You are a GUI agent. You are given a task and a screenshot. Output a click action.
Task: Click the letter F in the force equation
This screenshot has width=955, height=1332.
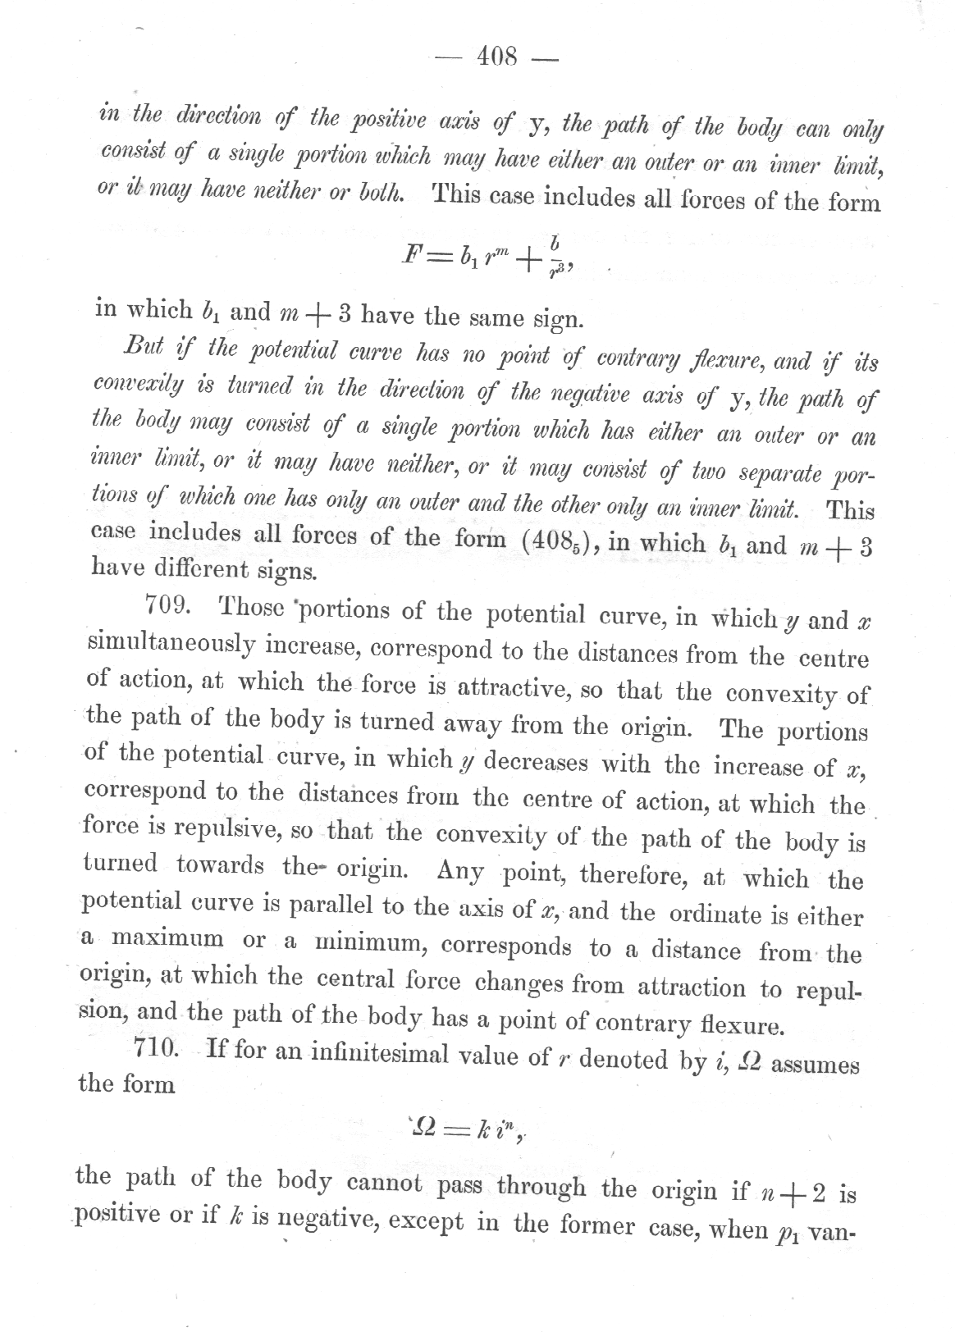click(408, 256)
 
